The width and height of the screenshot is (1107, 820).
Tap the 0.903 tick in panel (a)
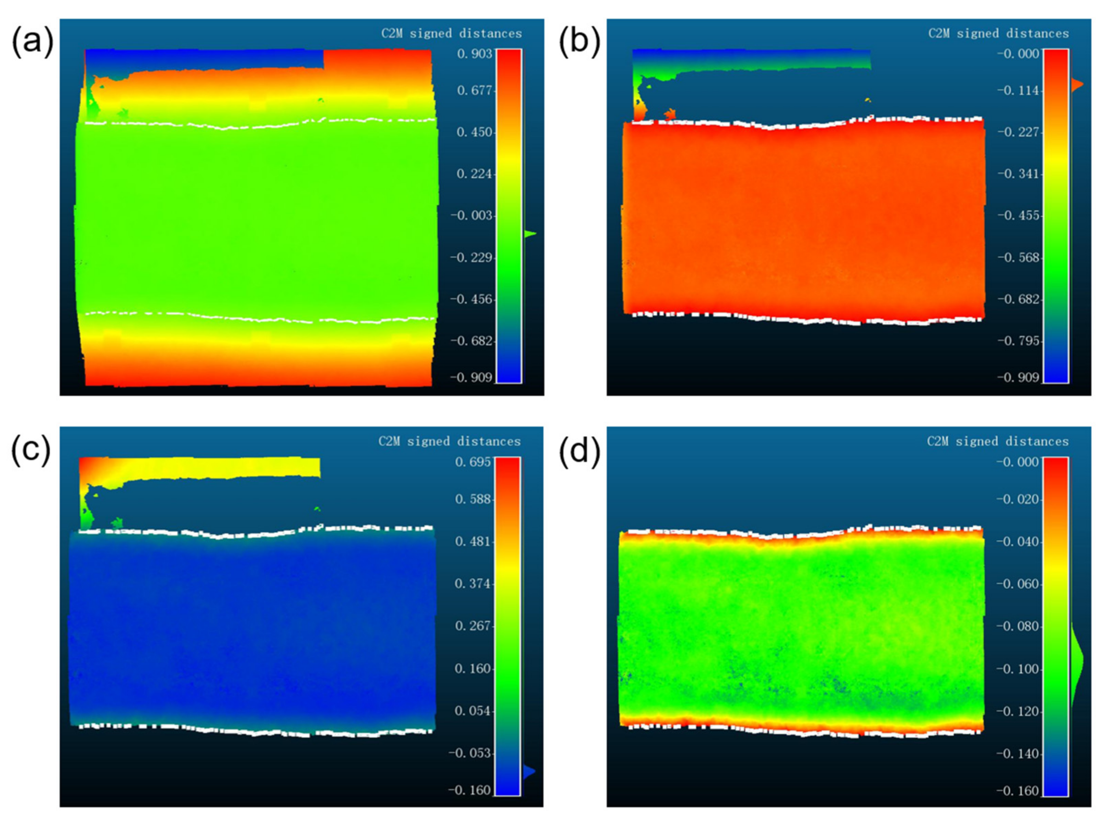point(474,54)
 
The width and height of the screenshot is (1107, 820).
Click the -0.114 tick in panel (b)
point(1018,91)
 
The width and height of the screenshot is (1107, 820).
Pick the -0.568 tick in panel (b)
point(1018,258)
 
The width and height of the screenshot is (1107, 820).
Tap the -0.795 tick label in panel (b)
point(1018,341)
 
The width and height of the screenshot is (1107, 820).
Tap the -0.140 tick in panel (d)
point(1018,754)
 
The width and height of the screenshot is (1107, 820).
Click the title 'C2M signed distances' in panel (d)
point(998,441)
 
